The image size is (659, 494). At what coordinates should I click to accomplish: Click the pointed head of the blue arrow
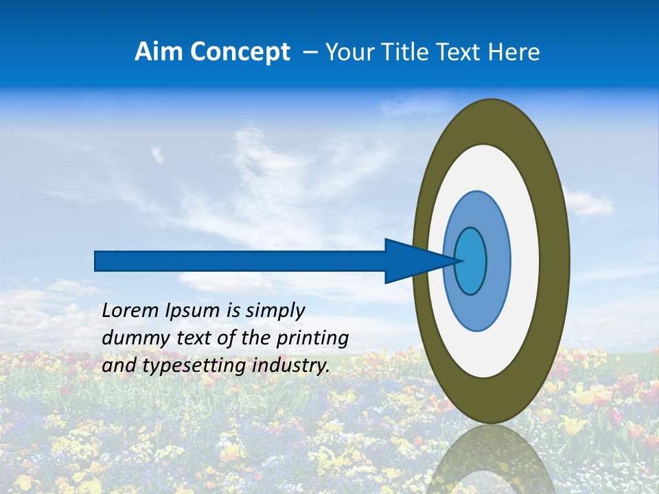[x=419, y=261]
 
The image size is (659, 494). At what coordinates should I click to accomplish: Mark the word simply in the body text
[x=274, y=311]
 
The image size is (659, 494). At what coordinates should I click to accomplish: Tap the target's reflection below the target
[x=491, y=460]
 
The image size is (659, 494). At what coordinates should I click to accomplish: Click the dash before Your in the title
[x=310, y=52]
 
